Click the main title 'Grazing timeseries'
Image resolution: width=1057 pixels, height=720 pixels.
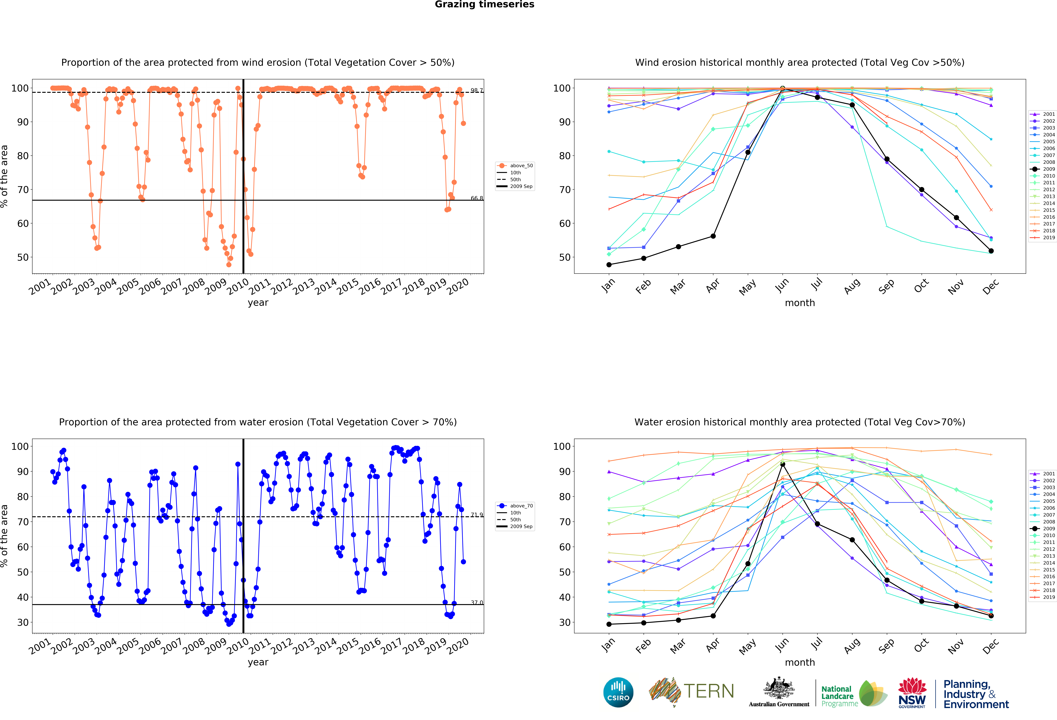pyautogui.click(x=484, y=5)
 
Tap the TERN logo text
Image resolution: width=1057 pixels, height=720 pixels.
pyautogui.click(x=709, y=691)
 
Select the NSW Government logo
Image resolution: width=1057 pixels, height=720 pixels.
pyautogui.click(x=912, y=693)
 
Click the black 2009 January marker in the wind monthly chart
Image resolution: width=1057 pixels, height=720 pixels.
pyautogui.click(x=609, y=265)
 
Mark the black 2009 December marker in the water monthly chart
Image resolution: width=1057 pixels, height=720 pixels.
pyautogui.click(x=991, y=616)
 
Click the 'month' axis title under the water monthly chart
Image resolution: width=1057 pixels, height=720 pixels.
pyautogui.click(x=800, y=662)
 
